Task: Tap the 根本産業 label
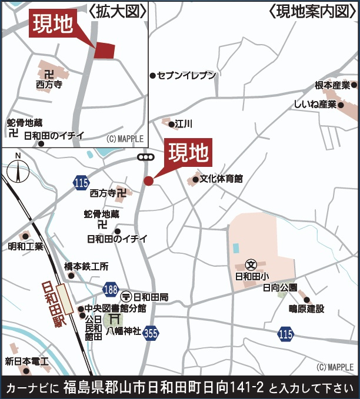pyautogui.click(x=332, y=85)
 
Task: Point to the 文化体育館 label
pyautogui.click(x=221, y=179)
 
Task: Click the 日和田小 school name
pyautogui.click(x=252, y=276)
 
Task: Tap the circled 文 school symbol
pyautogui.click(x=250, y=264)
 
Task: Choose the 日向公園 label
pyautogui.click(x=280, y=288)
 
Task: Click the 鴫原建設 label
pyautogui.click(x=306, y=309)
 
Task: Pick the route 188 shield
pyautogui.click(x=110, y=289)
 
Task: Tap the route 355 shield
pyautogui.click(x=151, y=333)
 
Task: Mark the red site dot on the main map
pyautogui.click(x=149, y=181)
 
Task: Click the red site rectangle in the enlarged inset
pyautogui.click(x=104, y=51)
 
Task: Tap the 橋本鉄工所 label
pyautogui.click(x=86, y=266)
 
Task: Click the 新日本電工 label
pyautogui.click(x=26, y=361)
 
